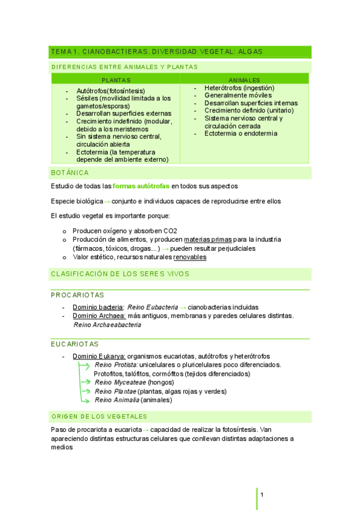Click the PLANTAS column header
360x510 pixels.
[116, 80]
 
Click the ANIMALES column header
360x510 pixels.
[245, 80]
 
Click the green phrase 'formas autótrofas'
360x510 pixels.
[141, 186]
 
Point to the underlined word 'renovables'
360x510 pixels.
[190, 257]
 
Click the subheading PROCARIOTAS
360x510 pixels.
[78, 295]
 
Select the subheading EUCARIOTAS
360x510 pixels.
[75, 344]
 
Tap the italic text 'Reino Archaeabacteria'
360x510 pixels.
[107, 325]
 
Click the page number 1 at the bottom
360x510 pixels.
[263, 494]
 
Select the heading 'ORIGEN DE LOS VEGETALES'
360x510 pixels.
[99, 416]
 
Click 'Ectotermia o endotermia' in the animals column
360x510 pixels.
[241, 134]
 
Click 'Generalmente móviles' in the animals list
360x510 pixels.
[238, 95]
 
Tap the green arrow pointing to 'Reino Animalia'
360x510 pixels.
[87, 399]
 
